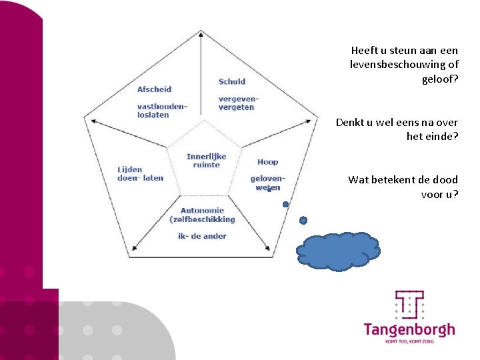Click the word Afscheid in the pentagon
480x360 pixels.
click(x=154, y=89)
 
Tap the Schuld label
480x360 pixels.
click(x=232, y=82)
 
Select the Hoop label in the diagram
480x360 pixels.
click(x=267, y=162)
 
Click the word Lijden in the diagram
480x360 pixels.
click(x=130, y=169)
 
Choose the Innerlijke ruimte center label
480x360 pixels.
click(x=206, y=160)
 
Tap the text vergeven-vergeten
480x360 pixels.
click(x=238, y=103)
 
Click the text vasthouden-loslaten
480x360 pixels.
click(x=162, y=111)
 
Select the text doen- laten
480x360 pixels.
click(x=140, y=178)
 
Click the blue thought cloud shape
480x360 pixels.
click(x=339, y=251)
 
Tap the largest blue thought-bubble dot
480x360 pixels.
click(x=303, y=220)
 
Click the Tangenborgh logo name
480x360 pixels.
click(x=409, y=329)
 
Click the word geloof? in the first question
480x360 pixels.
click(x=440, y=79)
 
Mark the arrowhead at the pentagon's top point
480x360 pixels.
click(x=201, y=33)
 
